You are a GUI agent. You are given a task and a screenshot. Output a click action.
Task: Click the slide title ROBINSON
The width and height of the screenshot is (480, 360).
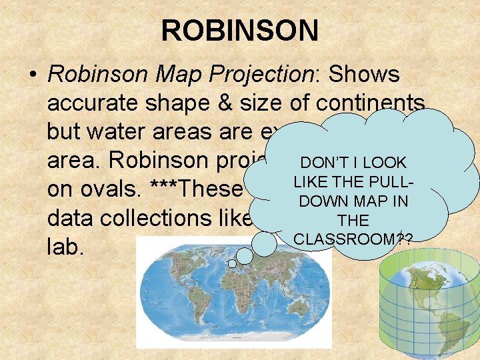(x=239, y=30)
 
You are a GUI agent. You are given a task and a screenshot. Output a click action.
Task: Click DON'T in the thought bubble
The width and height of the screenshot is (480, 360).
(x=322, y=163)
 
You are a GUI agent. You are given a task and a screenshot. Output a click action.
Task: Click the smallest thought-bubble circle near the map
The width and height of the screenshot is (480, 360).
(x=232, y=264)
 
